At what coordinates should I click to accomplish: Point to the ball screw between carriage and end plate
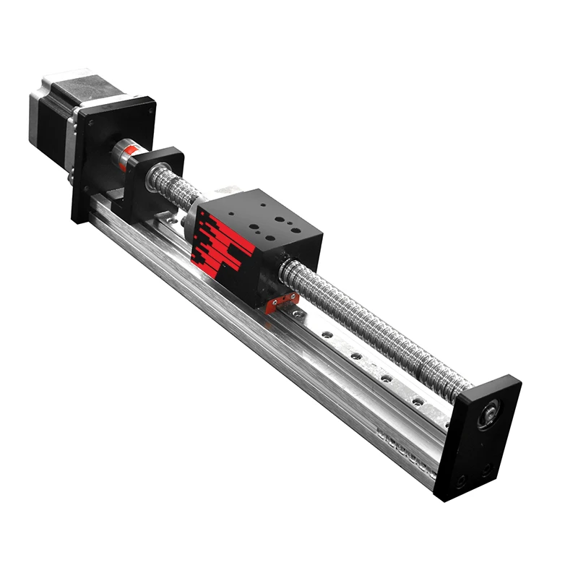(376, 332)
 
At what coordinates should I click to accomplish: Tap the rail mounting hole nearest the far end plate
(417, 400)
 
